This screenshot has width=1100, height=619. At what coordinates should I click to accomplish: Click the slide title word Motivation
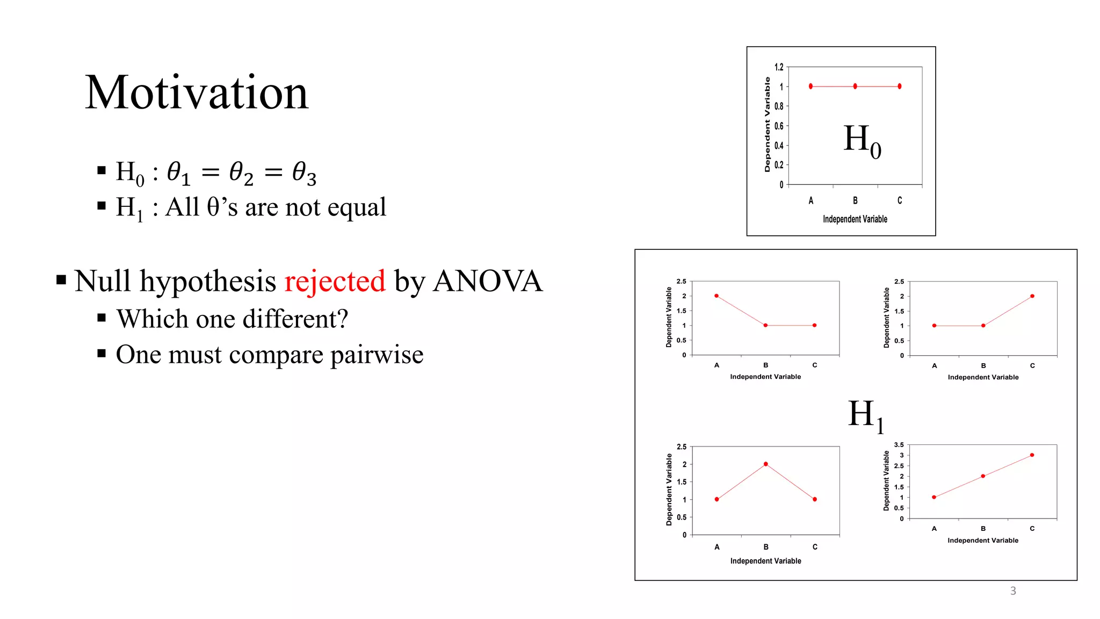(x=197, y=92)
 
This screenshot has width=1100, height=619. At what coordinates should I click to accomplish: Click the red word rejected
(x=335, y=281)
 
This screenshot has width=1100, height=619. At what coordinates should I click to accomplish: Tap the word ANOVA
(x=488, y=281)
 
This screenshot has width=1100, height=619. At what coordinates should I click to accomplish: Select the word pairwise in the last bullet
(x=377, y=355)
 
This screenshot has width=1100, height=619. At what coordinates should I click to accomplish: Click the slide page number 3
(x=1013, y=591)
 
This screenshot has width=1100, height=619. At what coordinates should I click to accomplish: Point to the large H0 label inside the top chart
(x=862, y=140)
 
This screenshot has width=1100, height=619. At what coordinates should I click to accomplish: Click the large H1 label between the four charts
(x=865, y=415)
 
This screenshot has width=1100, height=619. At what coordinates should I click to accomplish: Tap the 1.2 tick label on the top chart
(x=779, y=67)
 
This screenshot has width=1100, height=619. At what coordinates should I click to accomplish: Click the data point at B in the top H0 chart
(x=855, y=87)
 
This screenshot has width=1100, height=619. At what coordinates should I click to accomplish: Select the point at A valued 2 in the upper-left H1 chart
(x=717, y=296)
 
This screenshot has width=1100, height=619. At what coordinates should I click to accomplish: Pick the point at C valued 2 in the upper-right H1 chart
(x=1032, y=296)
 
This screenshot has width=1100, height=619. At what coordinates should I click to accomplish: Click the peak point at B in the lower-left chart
(x=766, y=464)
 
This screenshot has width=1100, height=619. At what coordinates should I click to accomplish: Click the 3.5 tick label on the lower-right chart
(x=899, y=445)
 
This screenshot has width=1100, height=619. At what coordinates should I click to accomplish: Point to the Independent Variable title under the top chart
(x=855, y=219)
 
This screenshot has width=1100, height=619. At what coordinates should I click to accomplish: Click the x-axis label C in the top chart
(x=900, y=200)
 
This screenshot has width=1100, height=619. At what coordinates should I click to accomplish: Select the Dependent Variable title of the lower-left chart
(x=669, y=490)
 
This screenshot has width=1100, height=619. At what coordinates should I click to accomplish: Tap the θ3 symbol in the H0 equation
(x=304, y=173)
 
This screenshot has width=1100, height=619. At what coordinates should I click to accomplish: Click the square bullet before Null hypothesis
(x=61, y=280)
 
